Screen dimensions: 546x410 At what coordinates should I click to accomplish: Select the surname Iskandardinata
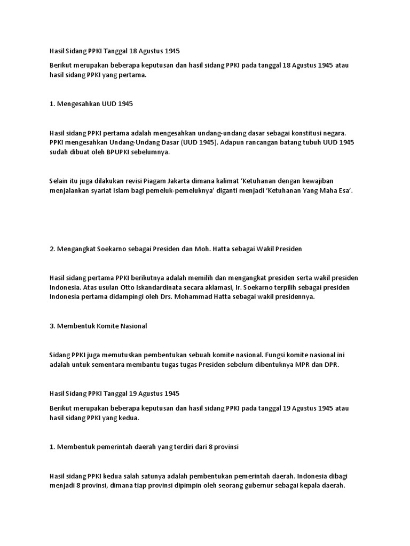coord(130,287)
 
